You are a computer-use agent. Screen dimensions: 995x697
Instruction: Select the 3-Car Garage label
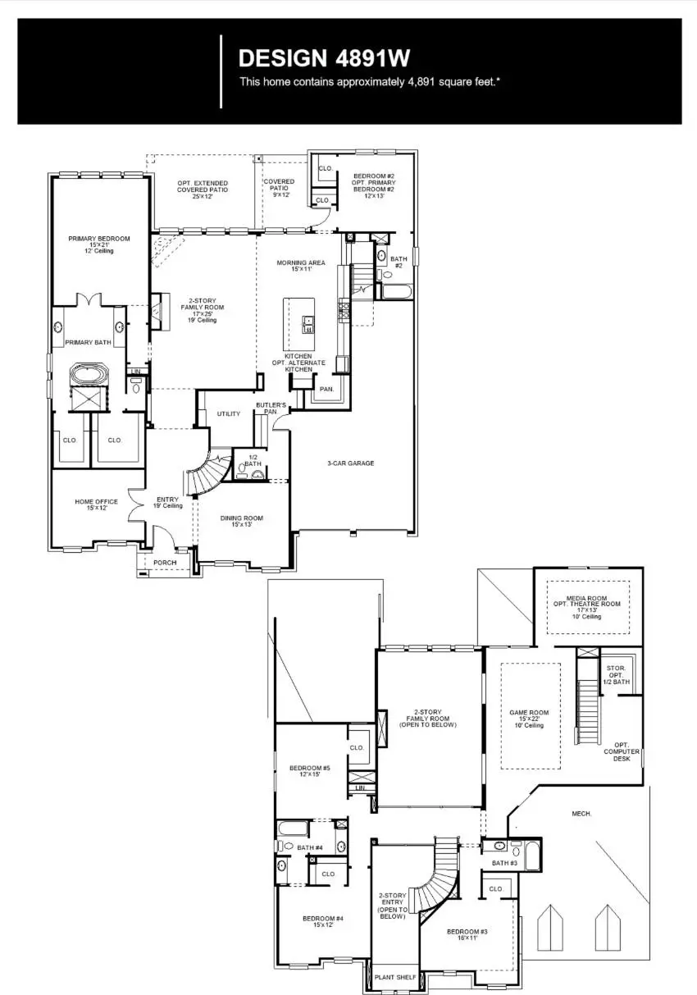tap(350, 463)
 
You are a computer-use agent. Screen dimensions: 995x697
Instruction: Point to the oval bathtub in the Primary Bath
tap(86, 376)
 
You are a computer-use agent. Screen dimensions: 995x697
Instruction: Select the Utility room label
tap(229, 414)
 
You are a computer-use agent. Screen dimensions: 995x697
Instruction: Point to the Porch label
tap(165, 563)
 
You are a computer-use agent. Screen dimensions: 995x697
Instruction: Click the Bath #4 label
tap(310, 847)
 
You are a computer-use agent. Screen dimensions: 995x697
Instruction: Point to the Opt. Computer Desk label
tap(616, 751)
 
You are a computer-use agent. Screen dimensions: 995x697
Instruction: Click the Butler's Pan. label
tap(271, 408)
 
